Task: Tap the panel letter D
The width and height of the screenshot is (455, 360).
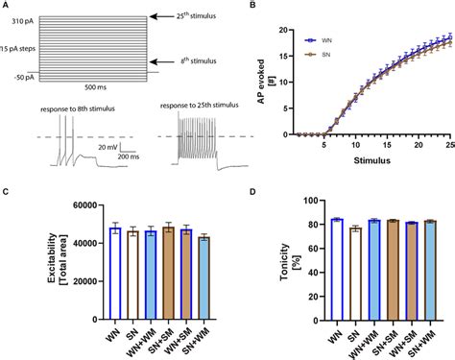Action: tap(251, 191)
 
